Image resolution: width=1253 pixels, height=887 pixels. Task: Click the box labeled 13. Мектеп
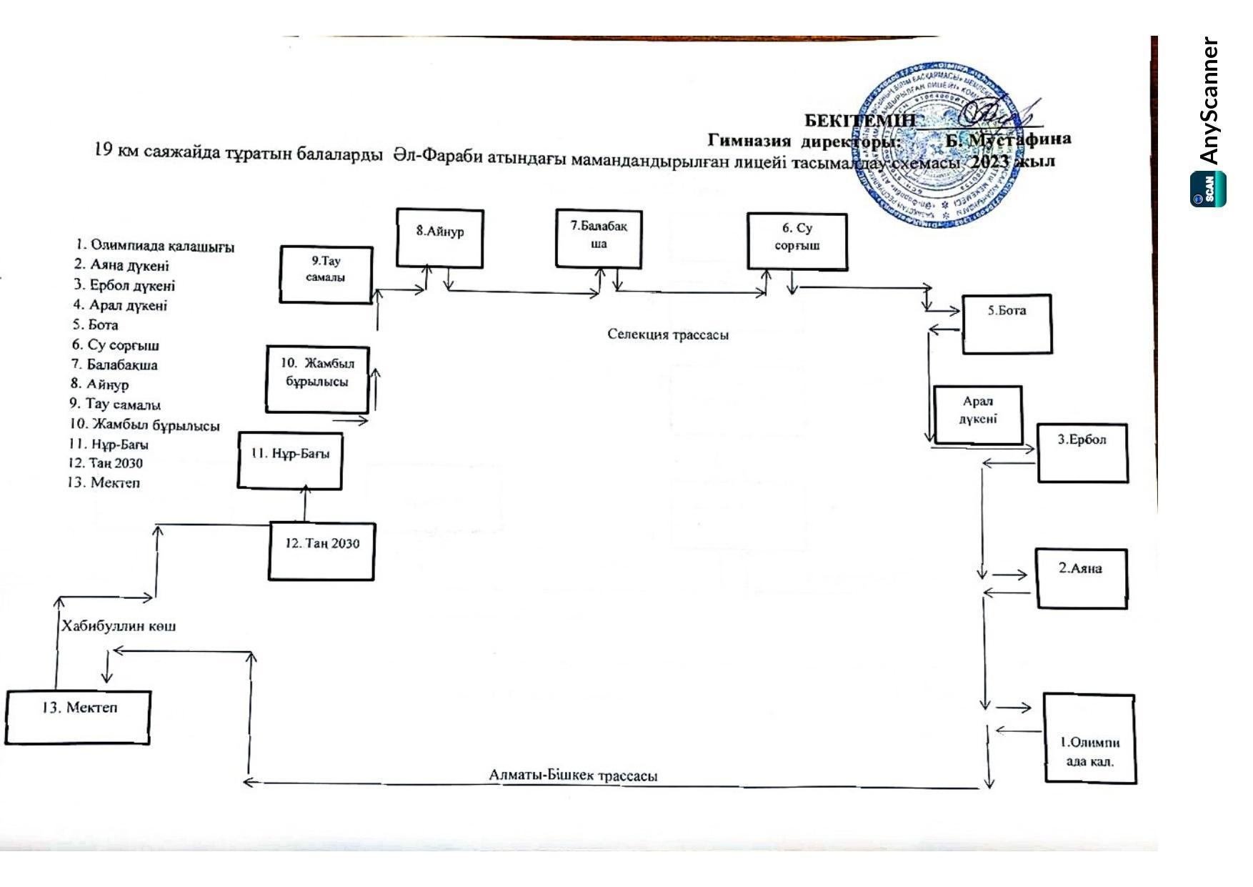pos(78,717)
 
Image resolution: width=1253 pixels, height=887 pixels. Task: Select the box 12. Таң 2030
pos(321,551)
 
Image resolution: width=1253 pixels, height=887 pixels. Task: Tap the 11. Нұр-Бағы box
pos(290,461)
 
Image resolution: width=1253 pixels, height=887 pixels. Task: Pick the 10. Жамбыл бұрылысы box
pos(317,379)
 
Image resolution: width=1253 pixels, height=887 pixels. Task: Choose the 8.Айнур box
pos(440,238)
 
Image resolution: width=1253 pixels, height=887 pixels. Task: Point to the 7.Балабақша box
pos(599,239)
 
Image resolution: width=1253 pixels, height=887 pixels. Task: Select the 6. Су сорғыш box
pos(797,242)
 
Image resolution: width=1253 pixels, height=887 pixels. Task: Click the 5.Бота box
pos(1007,324)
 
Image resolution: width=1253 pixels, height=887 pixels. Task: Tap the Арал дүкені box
pos(977,415)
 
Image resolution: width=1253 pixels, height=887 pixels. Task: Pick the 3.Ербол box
pos(1082,452)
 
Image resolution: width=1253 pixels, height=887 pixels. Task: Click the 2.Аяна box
pos(1082,578)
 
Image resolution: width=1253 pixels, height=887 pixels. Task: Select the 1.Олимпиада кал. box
pos(1089,738)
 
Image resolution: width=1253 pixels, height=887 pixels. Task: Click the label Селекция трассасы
pos(668,335)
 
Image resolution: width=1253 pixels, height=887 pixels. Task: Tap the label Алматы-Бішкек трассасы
pos(573,775)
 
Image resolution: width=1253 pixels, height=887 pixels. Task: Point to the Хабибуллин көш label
pos(119,626)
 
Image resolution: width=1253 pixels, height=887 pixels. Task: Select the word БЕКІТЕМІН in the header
pos(859,120)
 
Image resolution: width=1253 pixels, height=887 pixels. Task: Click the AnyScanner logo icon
pos(1208,189)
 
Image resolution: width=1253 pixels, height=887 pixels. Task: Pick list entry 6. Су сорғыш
pos(114,345)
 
